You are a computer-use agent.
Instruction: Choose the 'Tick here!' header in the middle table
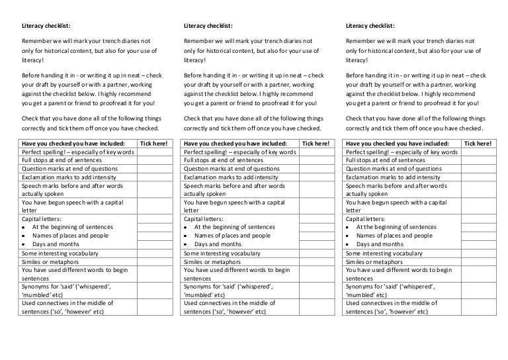pos(315,144)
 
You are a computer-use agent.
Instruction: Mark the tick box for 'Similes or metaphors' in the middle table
pos(315,262)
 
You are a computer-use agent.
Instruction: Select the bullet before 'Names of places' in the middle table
pos(187,236)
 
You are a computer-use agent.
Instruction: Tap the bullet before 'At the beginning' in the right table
pos(349,228)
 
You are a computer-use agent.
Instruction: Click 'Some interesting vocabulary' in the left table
pos(60,253)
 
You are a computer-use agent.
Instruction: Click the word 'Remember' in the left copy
pos(36,41)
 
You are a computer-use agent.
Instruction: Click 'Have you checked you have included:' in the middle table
pos(235,144)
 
